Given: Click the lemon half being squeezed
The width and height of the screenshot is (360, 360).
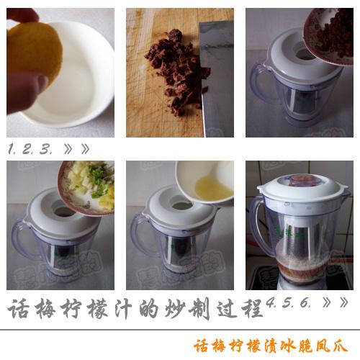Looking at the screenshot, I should [x=33, y=54].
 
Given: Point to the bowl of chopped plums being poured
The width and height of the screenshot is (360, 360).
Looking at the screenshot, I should [x=332, y=32].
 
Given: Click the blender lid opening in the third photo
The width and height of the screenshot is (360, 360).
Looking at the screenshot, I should [x=302, y=54].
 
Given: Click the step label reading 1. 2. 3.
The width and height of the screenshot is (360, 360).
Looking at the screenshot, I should [x=32, y=149].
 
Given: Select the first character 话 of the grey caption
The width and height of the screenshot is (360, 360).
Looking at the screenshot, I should [x=19, y=310].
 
